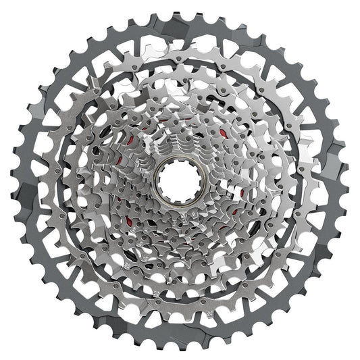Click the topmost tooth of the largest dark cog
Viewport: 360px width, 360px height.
point(180,9)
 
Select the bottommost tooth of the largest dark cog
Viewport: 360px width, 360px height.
point(180,351)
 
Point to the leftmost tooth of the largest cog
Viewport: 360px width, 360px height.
point(9,180)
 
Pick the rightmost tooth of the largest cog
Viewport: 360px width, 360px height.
point(351,180)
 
